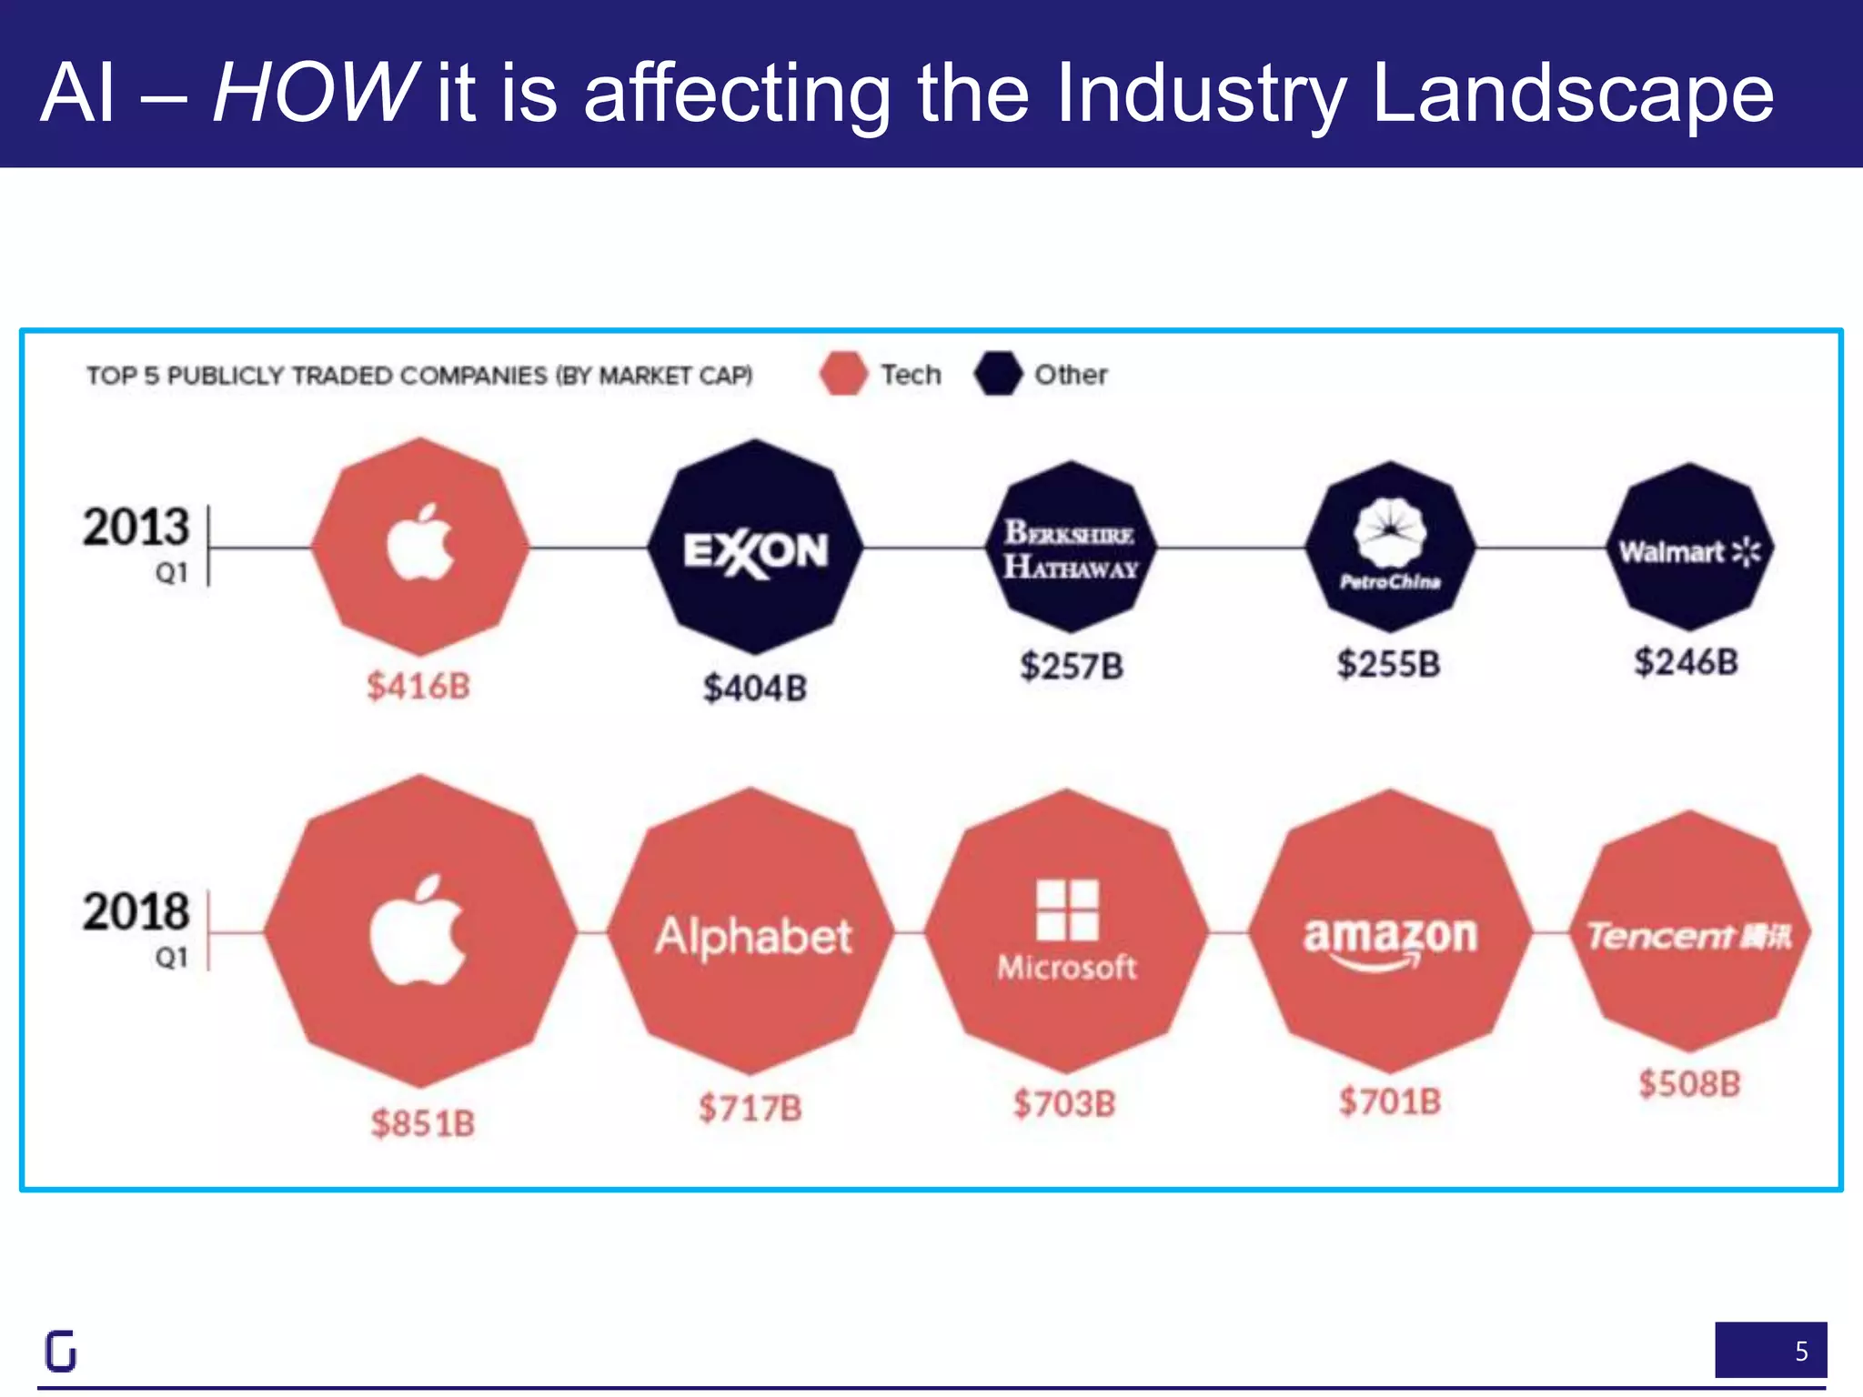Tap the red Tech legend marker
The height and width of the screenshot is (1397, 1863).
[x=843, y=374]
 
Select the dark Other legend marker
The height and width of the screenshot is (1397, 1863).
[x=997, y=374]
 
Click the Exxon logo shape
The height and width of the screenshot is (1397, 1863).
[x=755, y=550]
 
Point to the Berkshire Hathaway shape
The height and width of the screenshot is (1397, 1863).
[x=1071, y=548]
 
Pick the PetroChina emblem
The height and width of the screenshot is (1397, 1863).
[x=1389, y=532]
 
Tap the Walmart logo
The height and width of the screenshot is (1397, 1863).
[x=1689, y=551]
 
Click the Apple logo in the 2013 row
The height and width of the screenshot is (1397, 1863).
[x=419, y=544]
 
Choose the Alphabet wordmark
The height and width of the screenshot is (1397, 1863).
[x=753, y=936]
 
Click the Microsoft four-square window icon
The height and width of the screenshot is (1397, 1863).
[x=1067, y=910]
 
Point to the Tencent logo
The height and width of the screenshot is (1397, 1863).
[x=1689, y=935]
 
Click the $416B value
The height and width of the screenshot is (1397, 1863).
[x=418, y=686]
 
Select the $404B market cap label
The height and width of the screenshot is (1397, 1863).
[x=754, y=688]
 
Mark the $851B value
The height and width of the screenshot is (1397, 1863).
[x=423, y=1123]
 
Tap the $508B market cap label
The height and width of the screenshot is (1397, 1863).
[x=1689, y=1083]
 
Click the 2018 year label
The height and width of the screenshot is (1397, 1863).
[x=136, y=911]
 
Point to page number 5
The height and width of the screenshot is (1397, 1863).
[x=1801, y=1352]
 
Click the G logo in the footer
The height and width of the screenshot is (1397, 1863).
[x=61, y=1351]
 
